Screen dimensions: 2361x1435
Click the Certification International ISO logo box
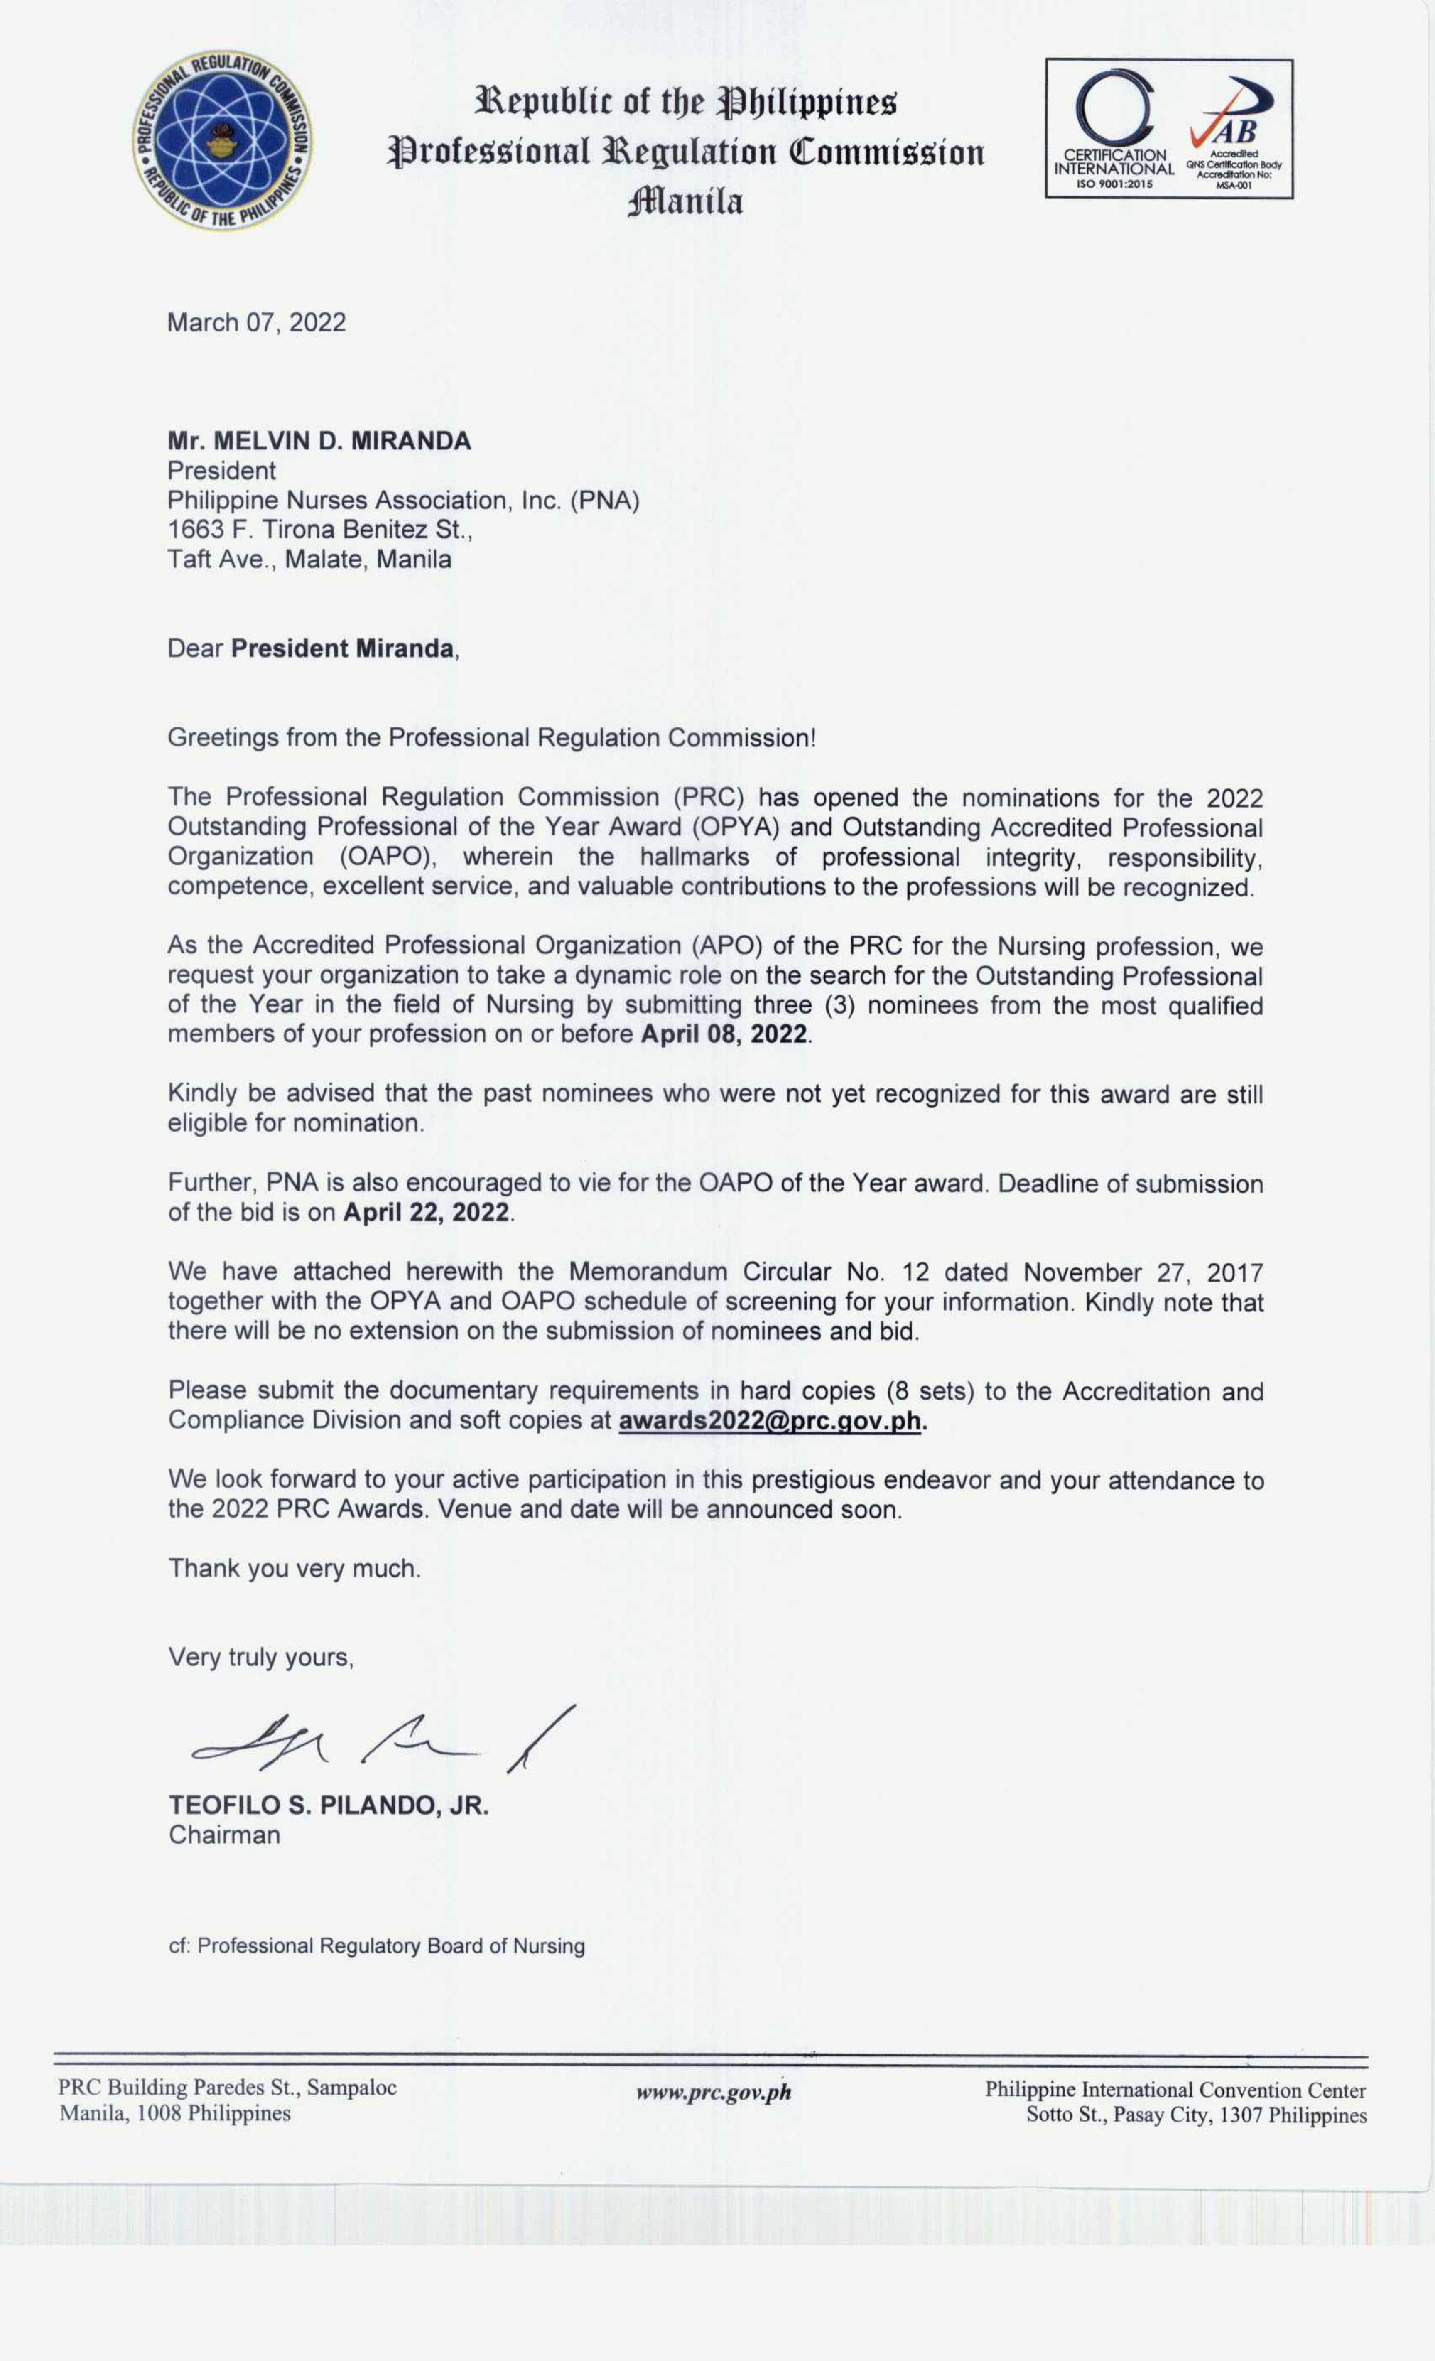[1169, 128]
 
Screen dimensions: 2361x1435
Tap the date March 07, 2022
[257, 322]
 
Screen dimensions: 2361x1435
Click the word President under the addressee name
[221, 471]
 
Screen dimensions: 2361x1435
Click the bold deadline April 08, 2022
[724, 1034]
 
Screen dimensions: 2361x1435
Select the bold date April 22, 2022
[426, 1212]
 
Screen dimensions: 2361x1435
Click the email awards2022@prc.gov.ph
[769, 1420]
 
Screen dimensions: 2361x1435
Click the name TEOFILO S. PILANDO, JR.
[329, 1805]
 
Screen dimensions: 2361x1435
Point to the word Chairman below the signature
[224, 1835]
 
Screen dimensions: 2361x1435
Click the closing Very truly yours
[261, 1658]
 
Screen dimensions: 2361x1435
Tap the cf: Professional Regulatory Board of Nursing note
[376, 1946]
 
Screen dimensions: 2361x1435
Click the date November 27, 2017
[1143, 1273]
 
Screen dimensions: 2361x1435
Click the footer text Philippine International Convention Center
[1175, 2090]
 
